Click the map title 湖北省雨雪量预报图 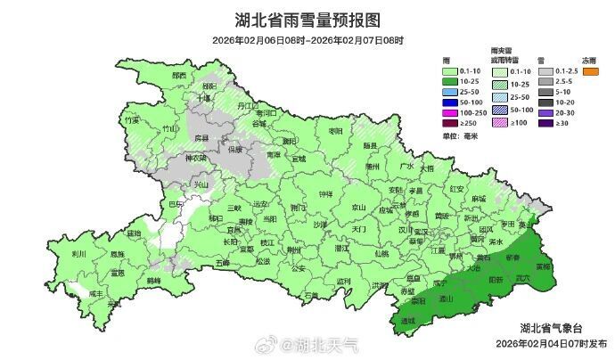pos(307,20)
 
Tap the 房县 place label pos(201,138)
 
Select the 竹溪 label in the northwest pos(132,119)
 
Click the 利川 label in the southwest pos(78,253)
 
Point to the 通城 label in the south pos(408,320)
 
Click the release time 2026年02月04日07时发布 pos(551,343)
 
